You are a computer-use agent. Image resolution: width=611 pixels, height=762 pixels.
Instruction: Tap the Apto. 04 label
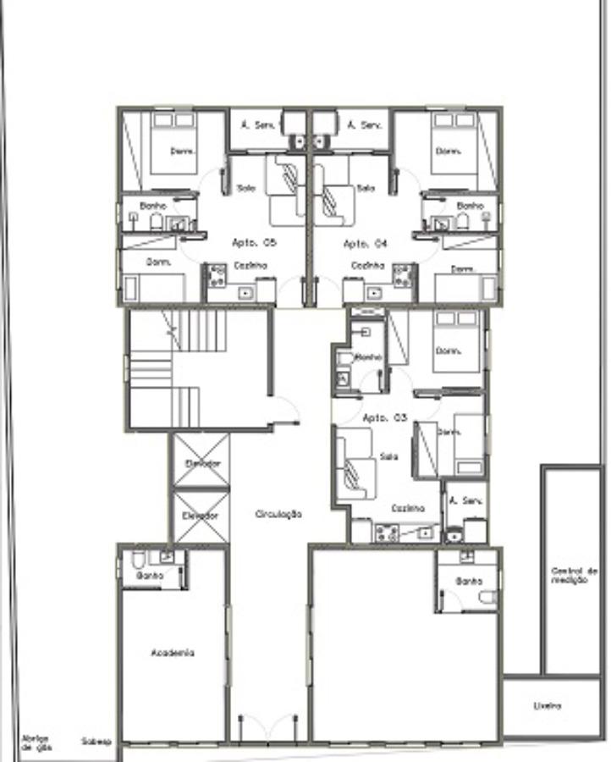[365, 243]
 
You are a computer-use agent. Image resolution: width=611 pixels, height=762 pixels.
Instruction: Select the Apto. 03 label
[385, 418]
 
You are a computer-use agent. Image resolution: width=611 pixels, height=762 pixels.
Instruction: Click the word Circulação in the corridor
[279, 514]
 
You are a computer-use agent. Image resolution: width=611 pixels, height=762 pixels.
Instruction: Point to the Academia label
[173, 653]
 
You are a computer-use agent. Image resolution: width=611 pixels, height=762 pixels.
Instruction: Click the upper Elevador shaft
[201, 463]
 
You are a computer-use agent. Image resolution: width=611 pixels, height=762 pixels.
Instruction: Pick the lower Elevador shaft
[201, 515]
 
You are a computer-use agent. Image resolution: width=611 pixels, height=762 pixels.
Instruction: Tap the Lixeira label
[548, 705]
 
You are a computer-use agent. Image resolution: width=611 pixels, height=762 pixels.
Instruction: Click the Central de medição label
[574, 575]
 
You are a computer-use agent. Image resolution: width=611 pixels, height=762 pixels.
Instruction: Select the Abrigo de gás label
[35, 742]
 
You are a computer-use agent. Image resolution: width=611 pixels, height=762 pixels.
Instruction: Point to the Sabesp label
[96, 742]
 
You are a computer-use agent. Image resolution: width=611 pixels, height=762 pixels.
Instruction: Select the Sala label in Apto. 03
[388, 456]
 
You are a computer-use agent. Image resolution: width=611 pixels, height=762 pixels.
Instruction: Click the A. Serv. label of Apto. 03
[465, 500]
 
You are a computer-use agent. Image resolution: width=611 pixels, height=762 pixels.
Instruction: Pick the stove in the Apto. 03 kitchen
[387, 533]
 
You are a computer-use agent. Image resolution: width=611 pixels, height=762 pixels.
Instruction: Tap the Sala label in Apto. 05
[246, 188]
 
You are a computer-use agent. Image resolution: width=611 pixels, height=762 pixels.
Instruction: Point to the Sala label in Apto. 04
[366, 188]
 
